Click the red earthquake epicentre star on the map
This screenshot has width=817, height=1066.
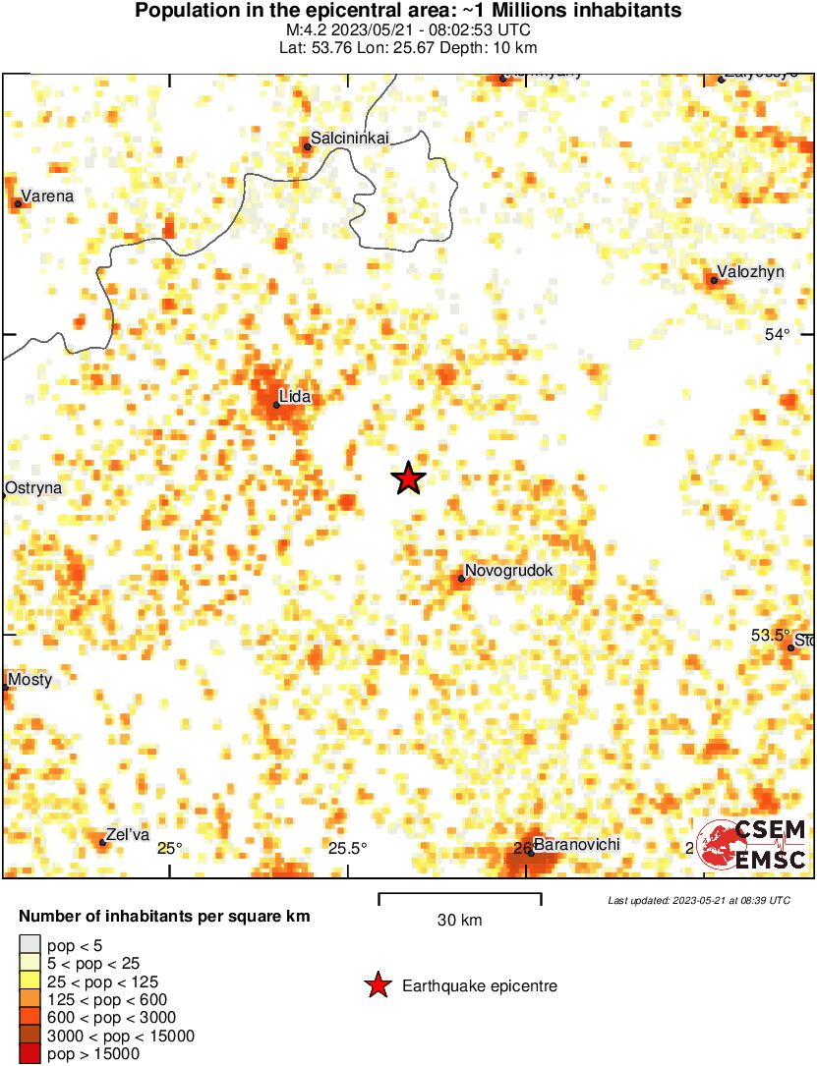pos(408,478)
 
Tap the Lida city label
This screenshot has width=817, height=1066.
pos(295,397)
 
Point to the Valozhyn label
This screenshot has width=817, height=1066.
pos(750,272)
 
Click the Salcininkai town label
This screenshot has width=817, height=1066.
pos(350,139)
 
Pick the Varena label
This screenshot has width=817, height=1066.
pos(47,196)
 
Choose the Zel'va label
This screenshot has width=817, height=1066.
pos(128,835)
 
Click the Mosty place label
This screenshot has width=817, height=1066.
pos(29,680)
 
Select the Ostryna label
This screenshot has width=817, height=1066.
pos(33,487)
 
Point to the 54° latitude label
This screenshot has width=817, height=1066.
pos(778,335)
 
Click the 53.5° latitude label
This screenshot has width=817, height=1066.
pos(771,636)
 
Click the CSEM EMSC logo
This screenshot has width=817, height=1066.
pos(752,845)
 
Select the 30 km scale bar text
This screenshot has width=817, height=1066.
pos(460,921)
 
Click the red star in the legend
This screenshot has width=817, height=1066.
pos(377,985)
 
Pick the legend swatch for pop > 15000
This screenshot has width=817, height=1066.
pos(30,1053)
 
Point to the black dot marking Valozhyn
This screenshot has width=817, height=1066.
pos(714,281)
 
